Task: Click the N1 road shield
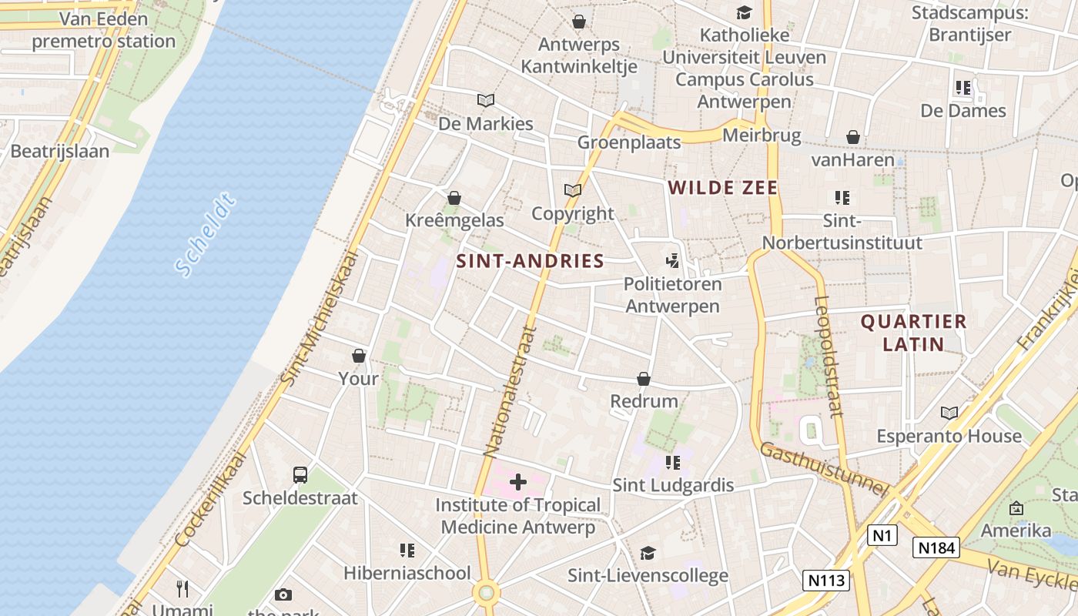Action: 882,535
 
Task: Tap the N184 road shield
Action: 936,547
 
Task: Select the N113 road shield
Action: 826,580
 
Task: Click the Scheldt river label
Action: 203,235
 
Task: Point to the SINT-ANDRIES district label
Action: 530,261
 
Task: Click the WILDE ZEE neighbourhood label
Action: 723,187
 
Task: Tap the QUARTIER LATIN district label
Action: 913,333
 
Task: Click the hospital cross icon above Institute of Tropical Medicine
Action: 518,483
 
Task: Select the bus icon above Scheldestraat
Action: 300,475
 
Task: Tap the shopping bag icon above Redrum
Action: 644,379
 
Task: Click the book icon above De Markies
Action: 485,100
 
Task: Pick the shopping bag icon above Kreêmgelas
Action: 454,198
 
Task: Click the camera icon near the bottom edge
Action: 283,594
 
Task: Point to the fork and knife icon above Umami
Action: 182,589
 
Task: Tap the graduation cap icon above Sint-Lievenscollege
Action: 648,553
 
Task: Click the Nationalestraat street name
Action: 510,391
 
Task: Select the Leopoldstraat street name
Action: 828,356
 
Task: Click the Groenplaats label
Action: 629,142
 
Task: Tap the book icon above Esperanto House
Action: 949,413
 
